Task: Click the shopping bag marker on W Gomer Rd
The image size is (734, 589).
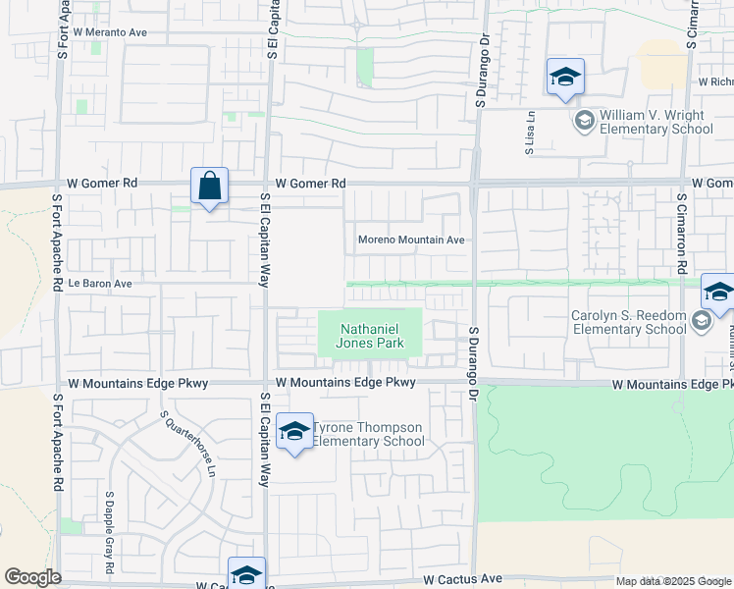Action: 209,186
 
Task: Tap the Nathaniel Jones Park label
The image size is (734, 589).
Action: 372,337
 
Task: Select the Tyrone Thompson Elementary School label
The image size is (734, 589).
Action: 369,434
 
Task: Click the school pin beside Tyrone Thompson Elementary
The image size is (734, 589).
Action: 294,432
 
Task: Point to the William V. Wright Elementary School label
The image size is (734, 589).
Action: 655,122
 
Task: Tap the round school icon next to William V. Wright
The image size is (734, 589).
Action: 584,121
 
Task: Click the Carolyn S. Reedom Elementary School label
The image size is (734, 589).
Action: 629,322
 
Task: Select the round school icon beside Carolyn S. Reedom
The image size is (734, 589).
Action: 702,321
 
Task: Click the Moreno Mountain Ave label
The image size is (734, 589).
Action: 410,240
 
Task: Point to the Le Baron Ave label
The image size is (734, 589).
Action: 99,283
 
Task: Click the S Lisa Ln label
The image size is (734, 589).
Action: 529,134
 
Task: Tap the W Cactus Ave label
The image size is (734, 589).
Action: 463,580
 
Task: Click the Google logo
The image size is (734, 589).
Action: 32,577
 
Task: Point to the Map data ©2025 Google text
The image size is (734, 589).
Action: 672,581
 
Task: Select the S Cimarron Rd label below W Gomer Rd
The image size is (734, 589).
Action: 679,233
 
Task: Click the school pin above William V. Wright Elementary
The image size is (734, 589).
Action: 565,78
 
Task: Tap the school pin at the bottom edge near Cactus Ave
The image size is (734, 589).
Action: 246,574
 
